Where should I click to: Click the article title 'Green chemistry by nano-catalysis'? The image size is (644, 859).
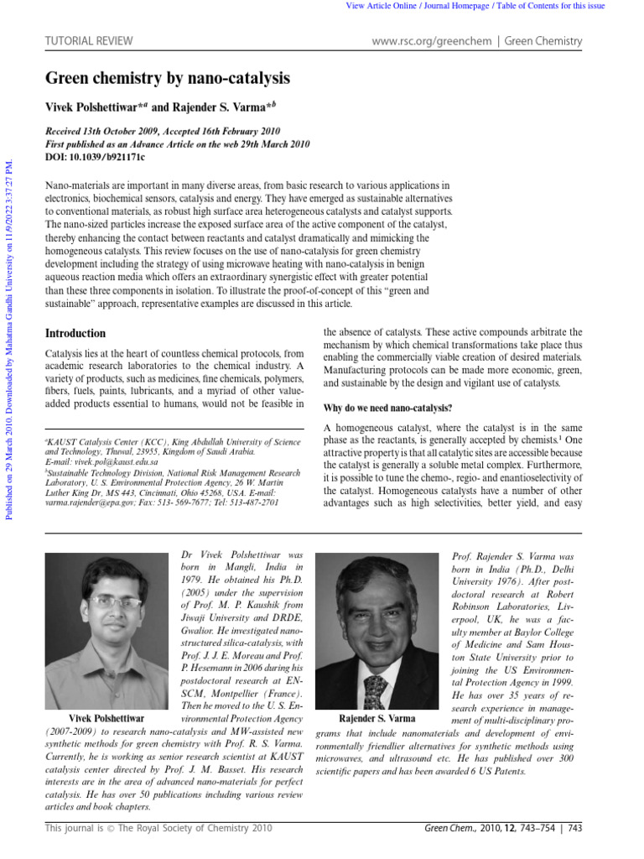click(167, 80)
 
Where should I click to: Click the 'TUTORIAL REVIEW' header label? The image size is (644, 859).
click(80, 41)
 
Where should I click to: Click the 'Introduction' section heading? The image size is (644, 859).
click(75, 333)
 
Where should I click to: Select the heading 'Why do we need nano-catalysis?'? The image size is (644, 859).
click(387, 408)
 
